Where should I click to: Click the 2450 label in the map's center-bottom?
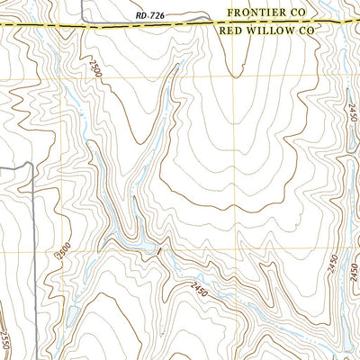pyautogui.click(x=203, y=288)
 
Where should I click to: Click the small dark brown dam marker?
pyautogui.click(x=158, y=252)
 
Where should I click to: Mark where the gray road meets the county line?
pyautogui.click(x=84, y=25)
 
